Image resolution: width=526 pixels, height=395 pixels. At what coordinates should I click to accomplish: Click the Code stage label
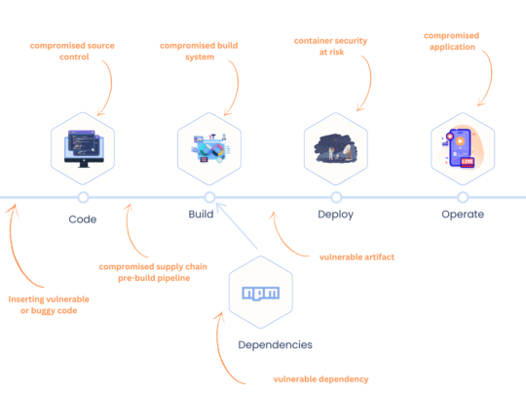point(83,218)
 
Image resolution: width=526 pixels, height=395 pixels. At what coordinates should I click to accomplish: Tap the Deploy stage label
point(335,215)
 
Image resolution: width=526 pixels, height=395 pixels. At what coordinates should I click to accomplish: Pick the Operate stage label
point(462,215)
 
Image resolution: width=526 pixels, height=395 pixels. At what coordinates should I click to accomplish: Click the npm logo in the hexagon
point(261,293)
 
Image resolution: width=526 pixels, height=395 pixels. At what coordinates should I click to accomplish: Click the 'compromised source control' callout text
point(73,51)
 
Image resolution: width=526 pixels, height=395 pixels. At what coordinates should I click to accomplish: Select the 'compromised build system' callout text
point(200,51)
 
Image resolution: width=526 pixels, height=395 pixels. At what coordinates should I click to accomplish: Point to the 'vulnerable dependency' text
point(320,379)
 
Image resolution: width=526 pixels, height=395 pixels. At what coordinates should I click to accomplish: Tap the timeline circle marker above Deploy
point(335,197)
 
